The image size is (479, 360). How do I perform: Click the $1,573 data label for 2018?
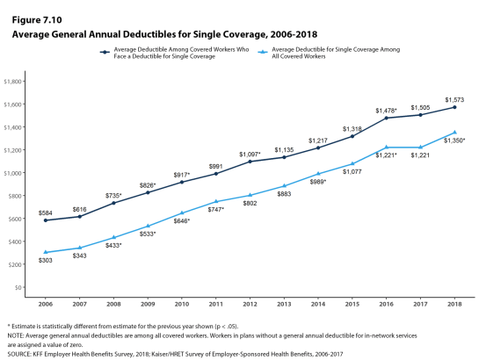[x=454, y=100]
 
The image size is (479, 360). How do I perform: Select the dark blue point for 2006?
[x=46, y=220]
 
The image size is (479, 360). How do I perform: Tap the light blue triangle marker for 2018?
[x=454, y=132]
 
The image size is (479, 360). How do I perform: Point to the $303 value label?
[x=45, y=260]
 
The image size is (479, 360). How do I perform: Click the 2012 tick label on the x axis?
[x=250, y=304]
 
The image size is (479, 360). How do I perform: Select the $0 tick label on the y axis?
[x=18, y=287]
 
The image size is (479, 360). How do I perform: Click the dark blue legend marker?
[x=105, y=53]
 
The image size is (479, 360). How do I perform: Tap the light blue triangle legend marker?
[x=263, y=53]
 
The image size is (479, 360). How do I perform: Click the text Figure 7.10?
[x=37, y=20]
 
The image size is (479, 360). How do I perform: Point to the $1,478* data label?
[x=386, y=111]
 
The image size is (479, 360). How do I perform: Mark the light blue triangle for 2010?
[x=182, y=212]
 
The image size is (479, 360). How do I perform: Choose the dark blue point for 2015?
[x=352, y=136]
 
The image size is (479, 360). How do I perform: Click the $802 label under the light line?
[x=250, y=203]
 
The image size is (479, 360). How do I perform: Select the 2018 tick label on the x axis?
[x=454, y=304]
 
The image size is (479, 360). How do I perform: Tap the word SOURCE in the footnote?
[x=18, y=354]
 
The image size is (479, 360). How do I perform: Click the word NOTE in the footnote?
[x=15, y=335]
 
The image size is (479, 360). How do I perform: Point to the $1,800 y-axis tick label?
[x=12, y=82]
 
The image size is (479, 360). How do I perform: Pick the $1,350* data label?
[x=454, y=140]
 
